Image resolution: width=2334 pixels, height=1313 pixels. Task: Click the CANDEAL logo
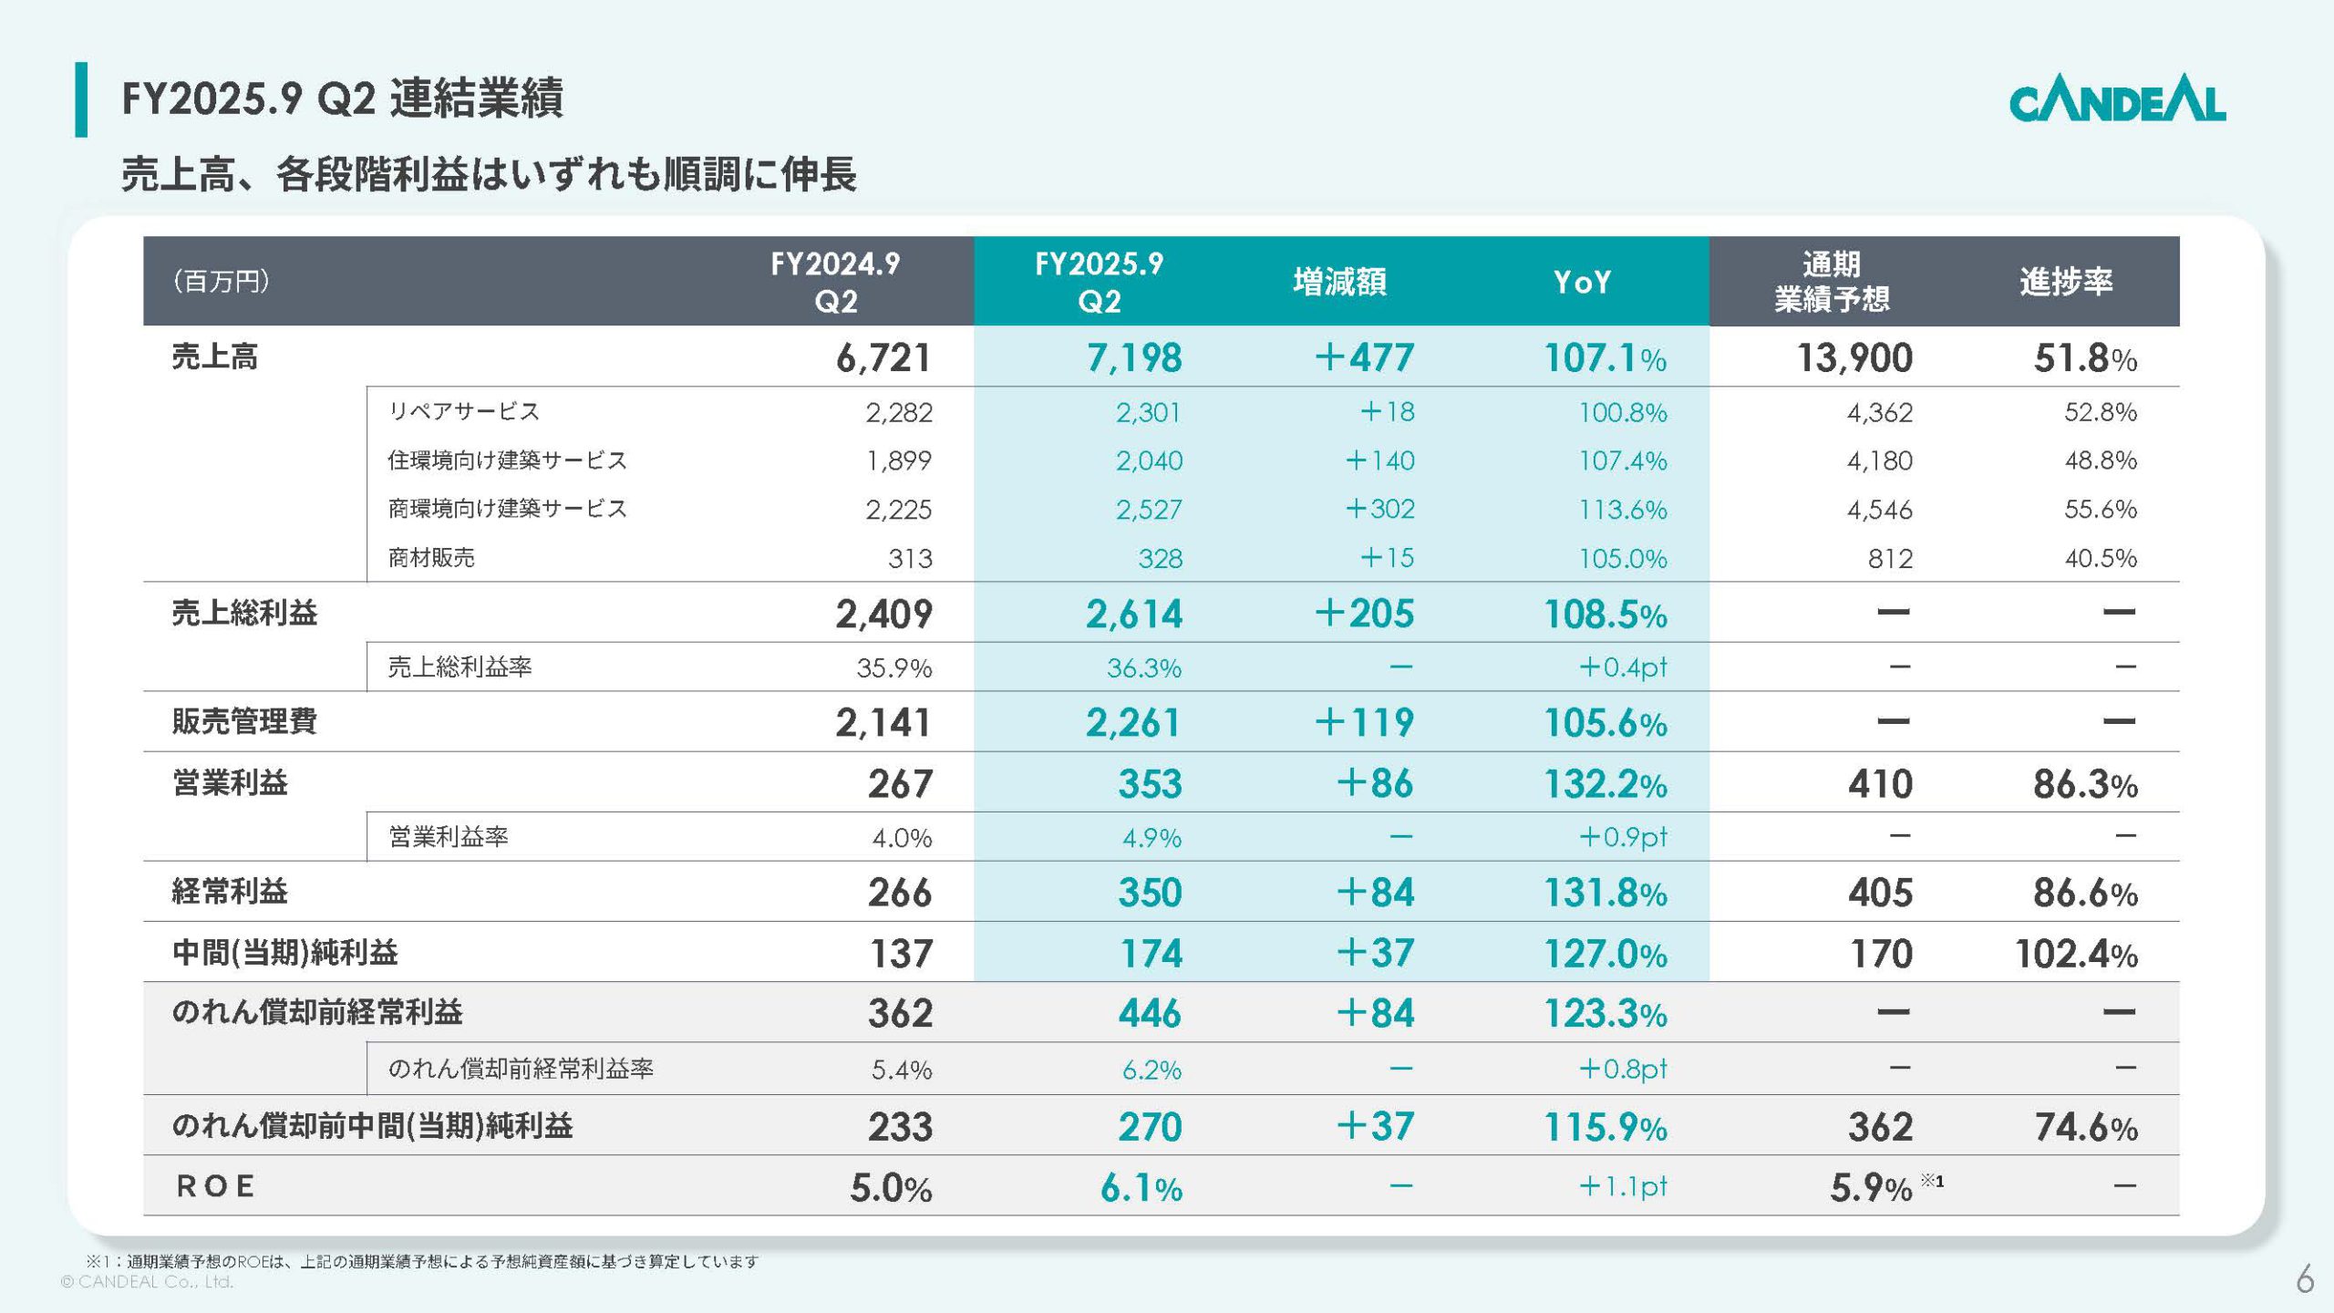2116,99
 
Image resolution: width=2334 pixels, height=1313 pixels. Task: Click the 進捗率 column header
2065,281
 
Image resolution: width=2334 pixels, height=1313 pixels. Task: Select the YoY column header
1582,282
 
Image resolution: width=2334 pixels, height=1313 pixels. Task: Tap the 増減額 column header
1339,282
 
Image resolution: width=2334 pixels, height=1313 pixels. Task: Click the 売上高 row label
215,357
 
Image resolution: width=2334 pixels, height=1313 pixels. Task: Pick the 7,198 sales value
1133,357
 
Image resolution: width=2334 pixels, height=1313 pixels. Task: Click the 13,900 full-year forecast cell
1854,357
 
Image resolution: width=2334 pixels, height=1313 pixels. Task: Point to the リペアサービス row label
463,411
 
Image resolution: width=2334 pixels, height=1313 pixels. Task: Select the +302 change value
1380,509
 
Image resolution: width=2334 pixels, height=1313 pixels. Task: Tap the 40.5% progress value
2100,558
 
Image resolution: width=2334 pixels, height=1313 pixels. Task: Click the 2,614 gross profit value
1133,614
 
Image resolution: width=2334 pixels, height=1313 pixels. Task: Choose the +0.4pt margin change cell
1622,667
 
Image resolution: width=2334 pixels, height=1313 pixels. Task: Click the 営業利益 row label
230,782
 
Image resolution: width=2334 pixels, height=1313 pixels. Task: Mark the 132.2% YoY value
1605,784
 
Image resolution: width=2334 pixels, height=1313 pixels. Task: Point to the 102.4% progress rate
2076,954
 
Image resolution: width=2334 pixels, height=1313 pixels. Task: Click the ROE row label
215,1186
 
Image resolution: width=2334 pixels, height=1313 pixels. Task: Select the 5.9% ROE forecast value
1870,1187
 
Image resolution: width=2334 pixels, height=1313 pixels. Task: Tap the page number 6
2304,1279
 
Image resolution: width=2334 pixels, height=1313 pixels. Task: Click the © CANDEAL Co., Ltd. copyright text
147,1282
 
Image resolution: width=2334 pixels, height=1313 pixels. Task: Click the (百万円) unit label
221,281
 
